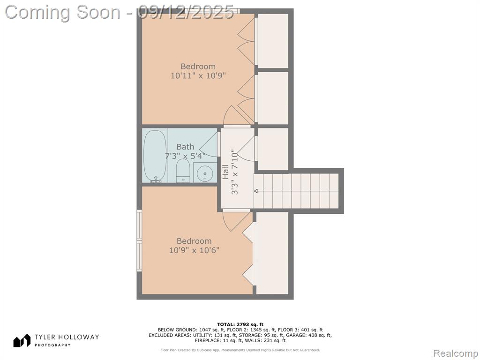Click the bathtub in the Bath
[155, 156]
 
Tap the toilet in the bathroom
[183, 171]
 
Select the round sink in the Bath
[204, 173]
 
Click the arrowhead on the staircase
[256, 191]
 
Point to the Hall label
[225, 172]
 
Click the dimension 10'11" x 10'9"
[198, 75]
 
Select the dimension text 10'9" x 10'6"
[194, 250]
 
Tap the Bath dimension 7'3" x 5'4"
[185, 156]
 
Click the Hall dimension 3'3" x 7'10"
[235, 172]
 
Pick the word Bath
[185, 147]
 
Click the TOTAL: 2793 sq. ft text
[240, 324]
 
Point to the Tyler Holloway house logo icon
[22, 340]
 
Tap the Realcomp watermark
[456, 353]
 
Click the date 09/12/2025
[185, 12]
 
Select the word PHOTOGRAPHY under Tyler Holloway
[52, 345]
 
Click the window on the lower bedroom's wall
[140, 240]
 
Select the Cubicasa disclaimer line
[240, 350]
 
